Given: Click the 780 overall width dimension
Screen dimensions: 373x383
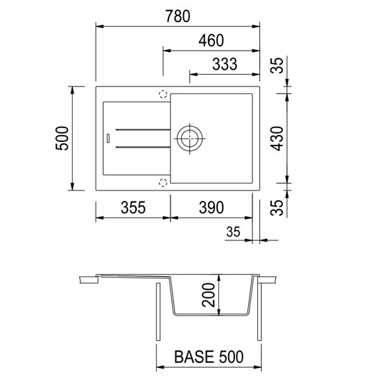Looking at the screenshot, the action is click(177, 16).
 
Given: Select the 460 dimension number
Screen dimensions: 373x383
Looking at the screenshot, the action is click(211, 41).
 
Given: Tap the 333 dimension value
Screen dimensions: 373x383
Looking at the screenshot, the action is click(225, 64).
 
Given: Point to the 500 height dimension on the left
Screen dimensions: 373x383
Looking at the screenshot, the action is click(62, 139).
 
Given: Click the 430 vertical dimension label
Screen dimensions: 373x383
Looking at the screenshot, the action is click(277, 139).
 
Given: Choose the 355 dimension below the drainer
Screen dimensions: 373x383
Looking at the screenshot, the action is click(133, 208).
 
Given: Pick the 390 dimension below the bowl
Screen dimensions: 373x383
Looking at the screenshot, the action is click(211, 208).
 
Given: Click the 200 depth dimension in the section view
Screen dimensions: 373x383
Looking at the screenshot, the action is click(208, 295).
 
